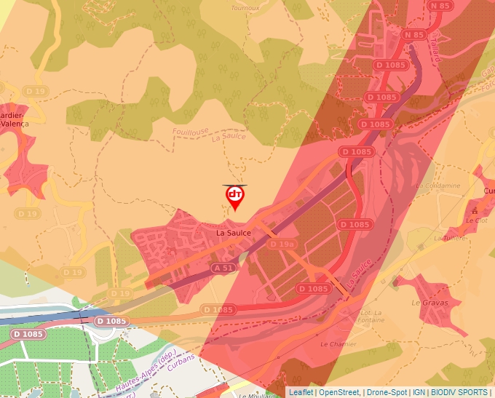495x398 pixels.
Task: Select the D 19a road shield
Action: (282, 244)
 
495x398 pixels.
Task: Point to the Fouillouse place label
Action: (191, 132)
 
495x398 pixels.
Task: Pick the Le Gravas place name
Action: (426, 302)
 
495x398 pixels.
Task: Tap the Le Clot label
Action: (476, 220)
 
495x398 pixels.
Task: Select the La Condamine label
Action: (438, 186)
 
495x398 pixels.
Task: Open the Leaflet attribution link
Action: (301, 392)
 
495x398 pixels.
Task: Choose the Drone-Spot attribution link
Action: (387, 392)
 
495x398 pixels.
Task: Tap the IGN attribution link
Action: (419, 392)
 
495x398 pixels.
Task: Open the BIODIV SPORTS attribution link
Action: (459, 392)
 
